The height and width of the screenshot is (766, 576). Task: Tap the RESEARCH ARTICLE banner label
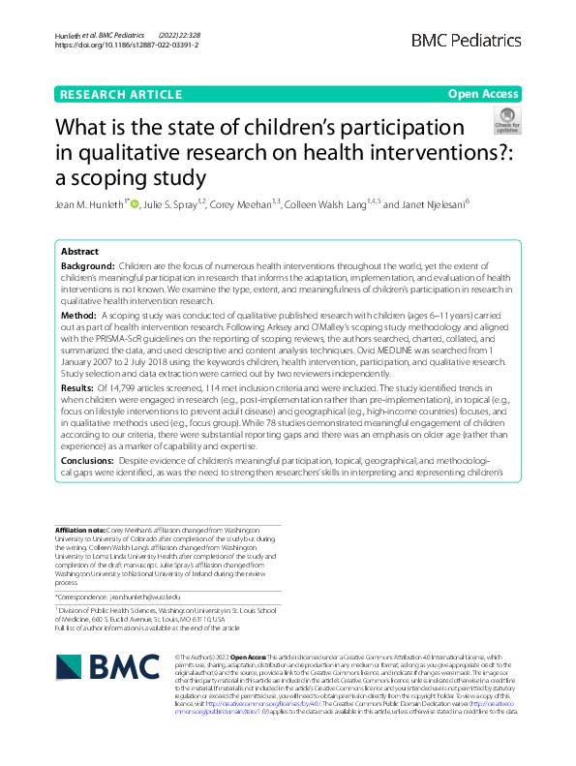120,94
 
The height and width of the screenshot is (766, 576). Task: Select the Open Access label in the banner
483,94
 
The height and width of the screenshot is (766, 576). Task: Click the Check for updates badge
506,122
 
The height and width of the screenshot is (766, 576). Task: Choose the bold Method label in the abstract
78,315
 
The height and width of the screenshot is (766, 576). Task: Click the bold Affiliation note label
78,531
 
